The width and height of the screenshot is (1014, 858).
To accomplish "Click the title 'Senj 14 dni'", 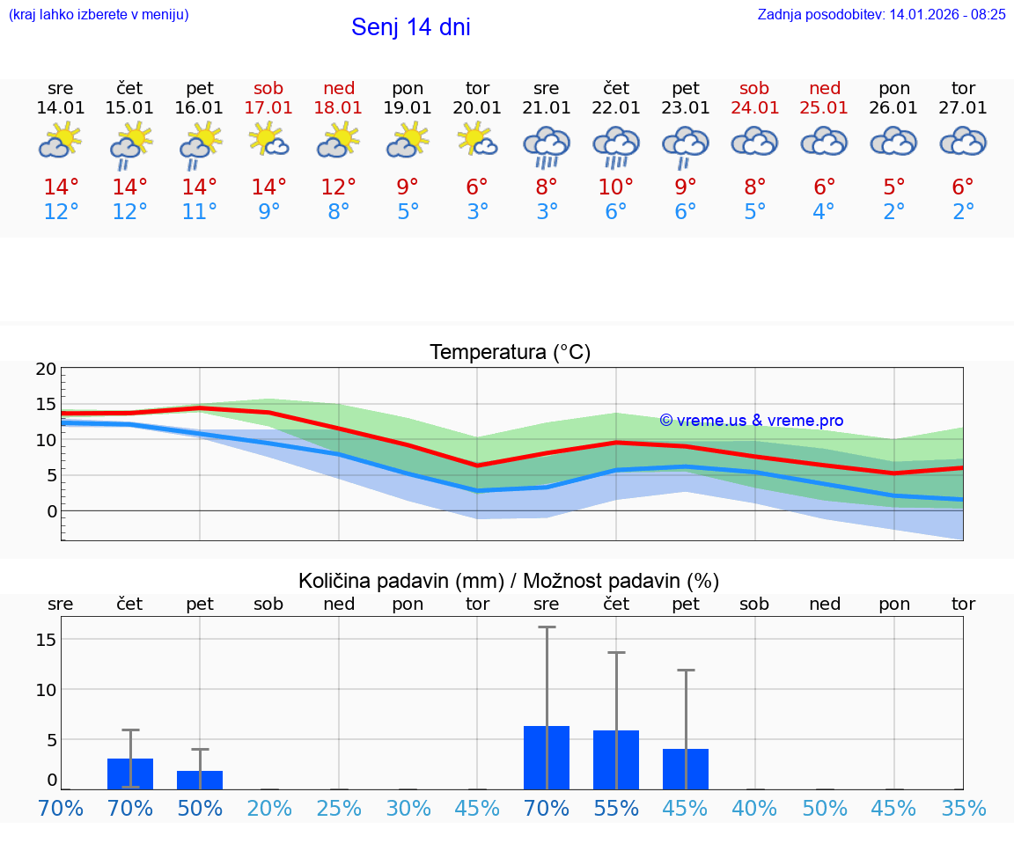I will (410, 27).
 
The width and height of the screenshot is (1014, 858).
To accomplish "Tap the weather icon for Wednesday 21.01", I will (547, 144).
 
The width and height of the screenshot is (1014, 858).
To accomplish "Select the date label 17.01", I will (269, 107).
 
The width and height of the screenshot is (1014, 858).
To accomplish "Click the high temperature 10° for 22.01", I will (616, 187).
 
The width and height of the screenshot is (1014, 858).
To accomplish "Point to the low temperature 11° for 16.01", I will (200, 211).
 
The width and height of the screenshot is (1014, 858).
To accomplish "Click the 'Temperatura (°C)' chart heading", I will (510, 352).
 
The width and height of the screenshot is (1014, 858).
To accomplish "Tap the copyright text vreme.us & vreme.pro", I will (751, 421).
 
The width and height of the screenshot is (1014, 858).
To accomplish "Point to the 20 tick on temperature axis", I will (47, 369).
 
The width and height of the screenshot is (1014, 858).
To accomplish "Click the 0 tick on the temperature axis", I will (52, 510).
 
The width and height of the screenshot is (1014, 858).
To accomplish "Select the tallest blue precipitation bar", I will (547, 758).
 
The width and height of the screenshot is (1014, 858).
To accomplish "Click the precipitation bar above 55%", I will (616, 759).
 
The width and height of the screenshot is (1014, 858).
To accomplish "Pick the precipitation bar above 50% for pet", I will (200, 780).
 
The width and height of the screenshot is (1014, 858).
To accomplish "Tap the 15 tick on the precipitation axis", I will (47, 639).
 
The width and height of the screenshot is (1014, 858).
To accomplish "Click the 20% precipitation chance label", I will (269, 808).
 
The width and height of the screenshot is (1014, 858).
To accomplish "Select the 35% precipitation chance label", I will (964, 808).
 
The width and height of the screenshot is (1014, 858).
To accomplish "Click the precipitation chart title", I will (509, 581).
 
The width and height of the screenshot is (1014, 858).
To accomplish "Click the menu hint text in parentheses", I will (99, 14).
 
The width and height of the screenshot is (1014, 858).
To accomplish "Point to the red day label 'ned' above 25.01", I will (825, 88).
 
